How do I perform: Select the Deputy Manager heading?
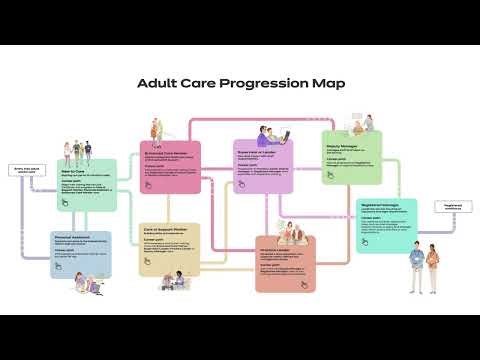[343, 142]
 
